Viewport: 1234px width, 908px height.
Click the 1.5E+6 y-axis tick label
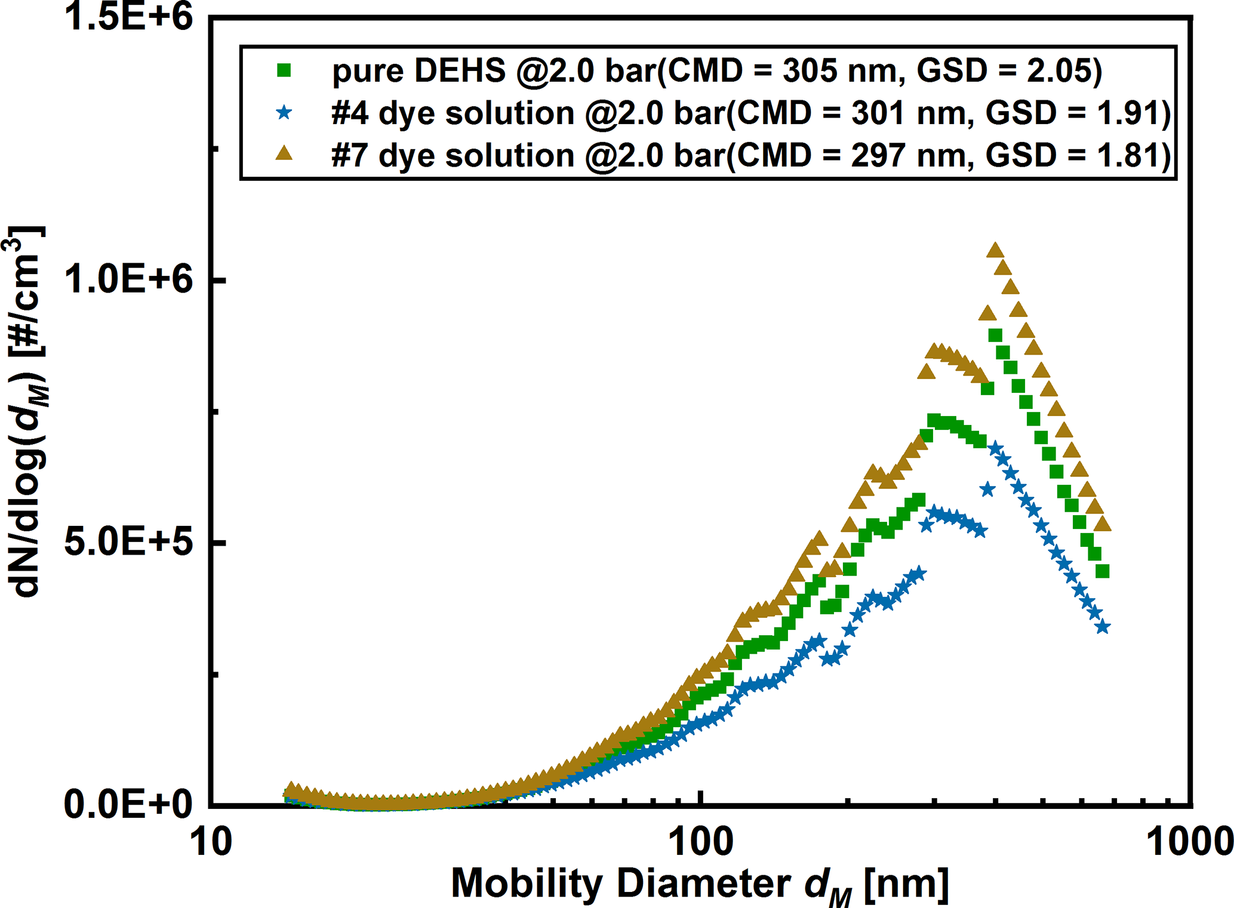coord(128,17)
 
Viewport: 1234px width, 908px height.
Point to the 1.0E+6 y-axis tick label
coord(128,279)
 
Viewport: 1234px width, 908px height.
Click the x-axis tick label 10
coord(211,843)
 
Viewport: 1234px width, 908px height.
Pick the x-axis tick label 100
coord(701,843)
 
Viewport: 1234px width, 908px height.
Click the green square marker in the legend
coord(285,70)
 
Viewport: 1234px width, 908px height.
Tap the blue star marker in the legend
coord(285,112)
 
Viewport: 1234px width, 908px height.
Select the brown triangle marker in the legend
coord(285,154)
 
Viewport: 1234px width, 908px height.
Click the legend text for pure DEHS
coord(716,70)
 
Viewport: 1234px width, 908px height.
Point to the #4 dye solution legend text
coord(750,112)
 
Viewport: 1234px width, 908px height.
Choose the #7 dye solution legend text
coord(750,155)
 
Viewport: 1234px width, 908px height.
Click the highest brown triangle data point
coord(995,251)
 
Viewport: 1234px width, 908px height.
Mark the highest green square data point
coord(995,336)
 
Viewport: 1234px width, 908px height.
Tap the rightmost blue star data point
coord(1103,627)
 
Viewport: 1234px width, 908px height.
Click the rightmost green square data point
coord(1103,571)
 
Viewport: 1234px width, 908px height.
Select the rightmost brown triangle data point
coord(1103,525)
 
